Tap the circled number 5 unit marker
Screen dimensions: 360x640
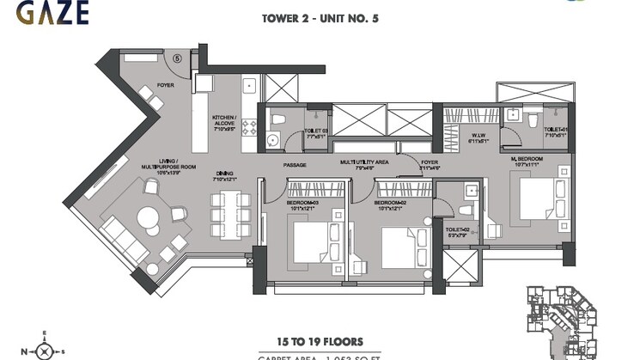pos(176,59)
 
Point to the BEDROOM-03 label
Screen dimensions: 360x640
pos(304,204)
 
